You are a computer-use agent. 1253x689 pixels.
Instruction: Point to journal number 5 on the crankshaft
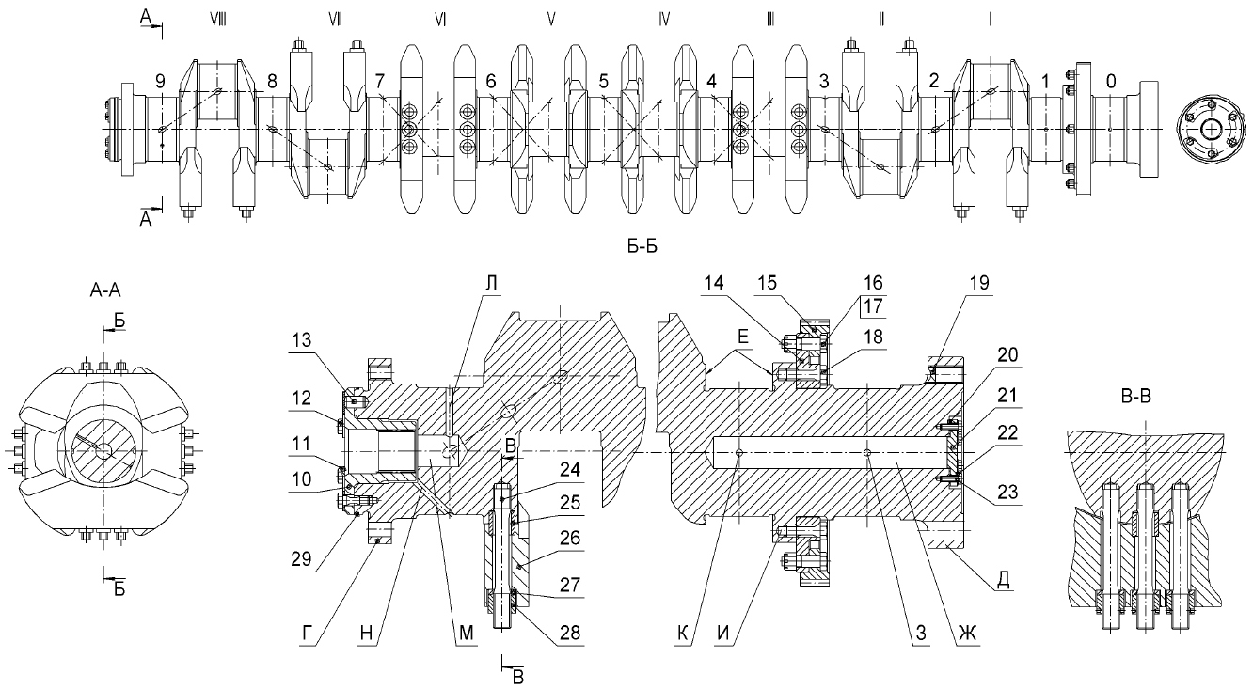(x=603, y=83)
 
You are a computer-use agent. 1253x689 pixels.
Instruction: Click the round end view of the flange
(x=1212, y=129)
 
